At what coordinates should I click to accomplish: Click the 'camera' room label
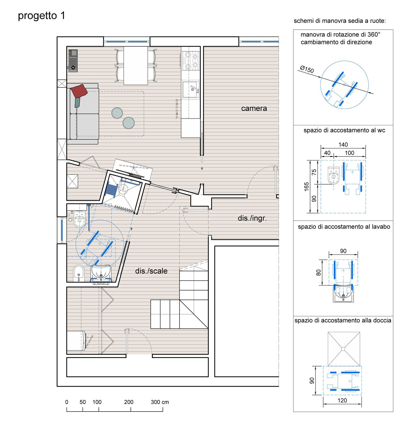[x=254, y=108]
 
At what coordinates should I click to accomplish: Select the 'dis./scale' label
[x=151, y=271]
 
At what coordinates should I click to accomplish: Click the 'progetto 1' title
[x=41, y=16]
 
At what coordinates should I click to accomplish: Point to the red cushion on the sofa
[x=79, y=91]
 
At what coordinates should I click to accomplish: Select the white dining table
[x=136, y=66]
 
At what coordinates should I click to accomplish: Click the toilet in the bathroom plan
[x=79, y=219]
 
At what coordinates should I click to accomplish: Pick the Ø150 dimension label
[x=307, y=69]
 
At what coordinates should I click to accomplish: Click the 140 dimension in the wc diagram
[x=343, y=144]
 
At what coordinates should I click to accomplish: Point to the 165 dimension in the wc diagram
[x=306, y=186]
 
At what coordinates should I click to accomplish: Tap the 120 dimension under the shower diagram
[x=342, y=400]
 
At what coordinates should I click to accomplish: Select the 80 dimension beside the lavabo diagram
[x=318, y=273]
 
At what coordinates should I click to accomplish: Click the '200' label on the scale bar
[x=129, y=402]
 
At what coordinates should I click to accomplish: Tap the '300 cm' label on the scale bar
[x=160, y=402]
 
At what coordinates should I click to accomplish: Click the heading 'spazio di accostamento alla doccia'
[x=343, y=320]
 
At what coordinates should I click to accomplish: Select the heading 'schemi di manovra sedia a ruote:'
[x=340, y=21]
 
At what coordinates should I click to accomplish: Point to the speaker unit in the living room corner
[x=73, y=61]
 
